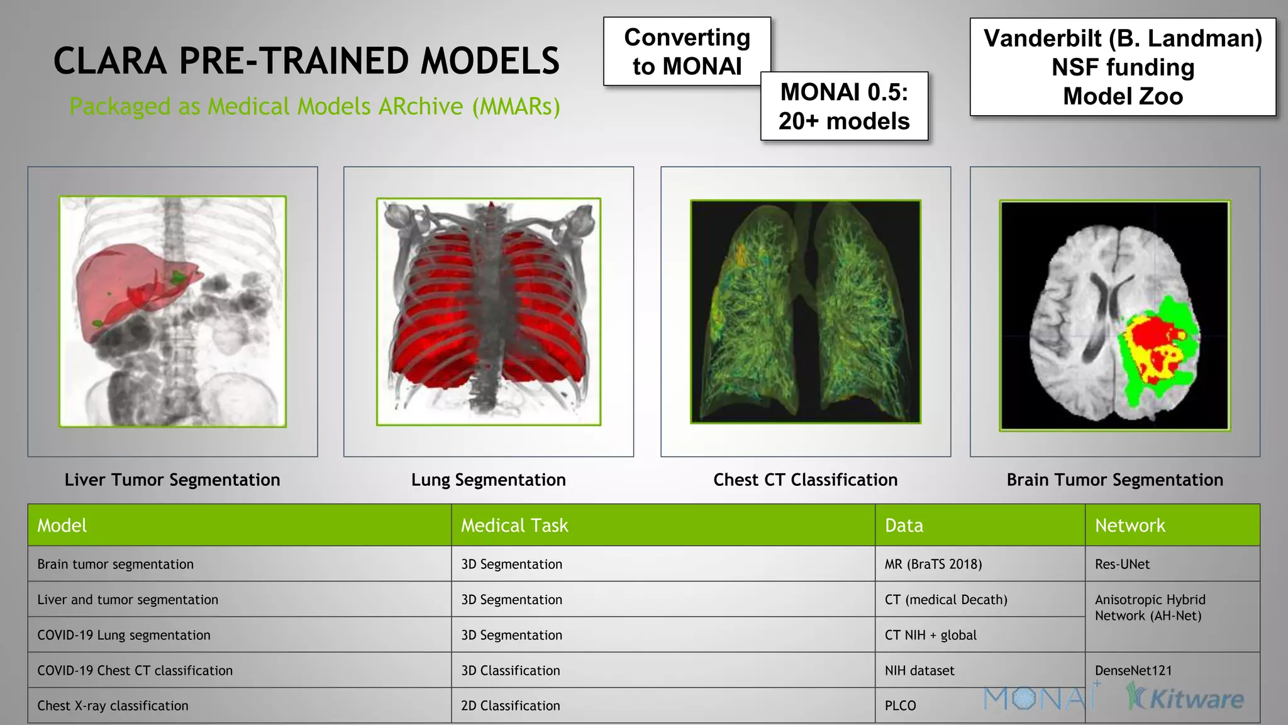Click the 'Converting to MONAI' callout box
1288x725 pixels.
click(687, 52)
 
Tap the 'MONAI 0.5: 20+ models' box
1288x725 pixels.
click(844, 106)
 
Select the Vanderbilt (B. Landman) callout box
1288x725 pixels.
click(1123, 67)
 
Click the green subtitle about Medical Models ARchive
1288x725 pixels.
click(314, 106)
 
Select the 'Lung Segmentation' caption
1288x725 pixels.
click(488, 480)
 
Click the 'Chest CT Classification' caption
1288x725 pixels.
click(805, 480)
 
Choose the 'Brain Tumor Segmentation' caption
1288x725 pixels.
click(1114, 480)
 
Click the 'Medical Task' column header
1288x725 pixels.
click(514, 525)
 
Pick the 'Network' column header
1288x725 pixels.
click(1130, 525)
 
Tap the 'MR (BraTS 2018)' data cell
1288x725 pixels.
click(933, 564)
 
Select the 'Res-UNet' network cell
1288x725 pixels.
click(1122, 564)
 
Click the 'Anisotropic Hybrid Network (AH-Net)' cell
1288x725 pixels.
click(1150, 608)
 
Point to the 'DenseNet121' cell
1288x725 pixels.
click(1133, 670)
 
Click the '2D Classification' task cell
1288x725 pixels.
click(510, 705)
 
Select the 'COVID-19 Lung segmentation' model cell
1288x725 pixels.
click(124, 635)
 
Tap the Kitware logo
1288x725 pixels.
click(1185, 699)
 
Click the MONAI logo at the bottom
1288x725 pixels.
click(1038, 698)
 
